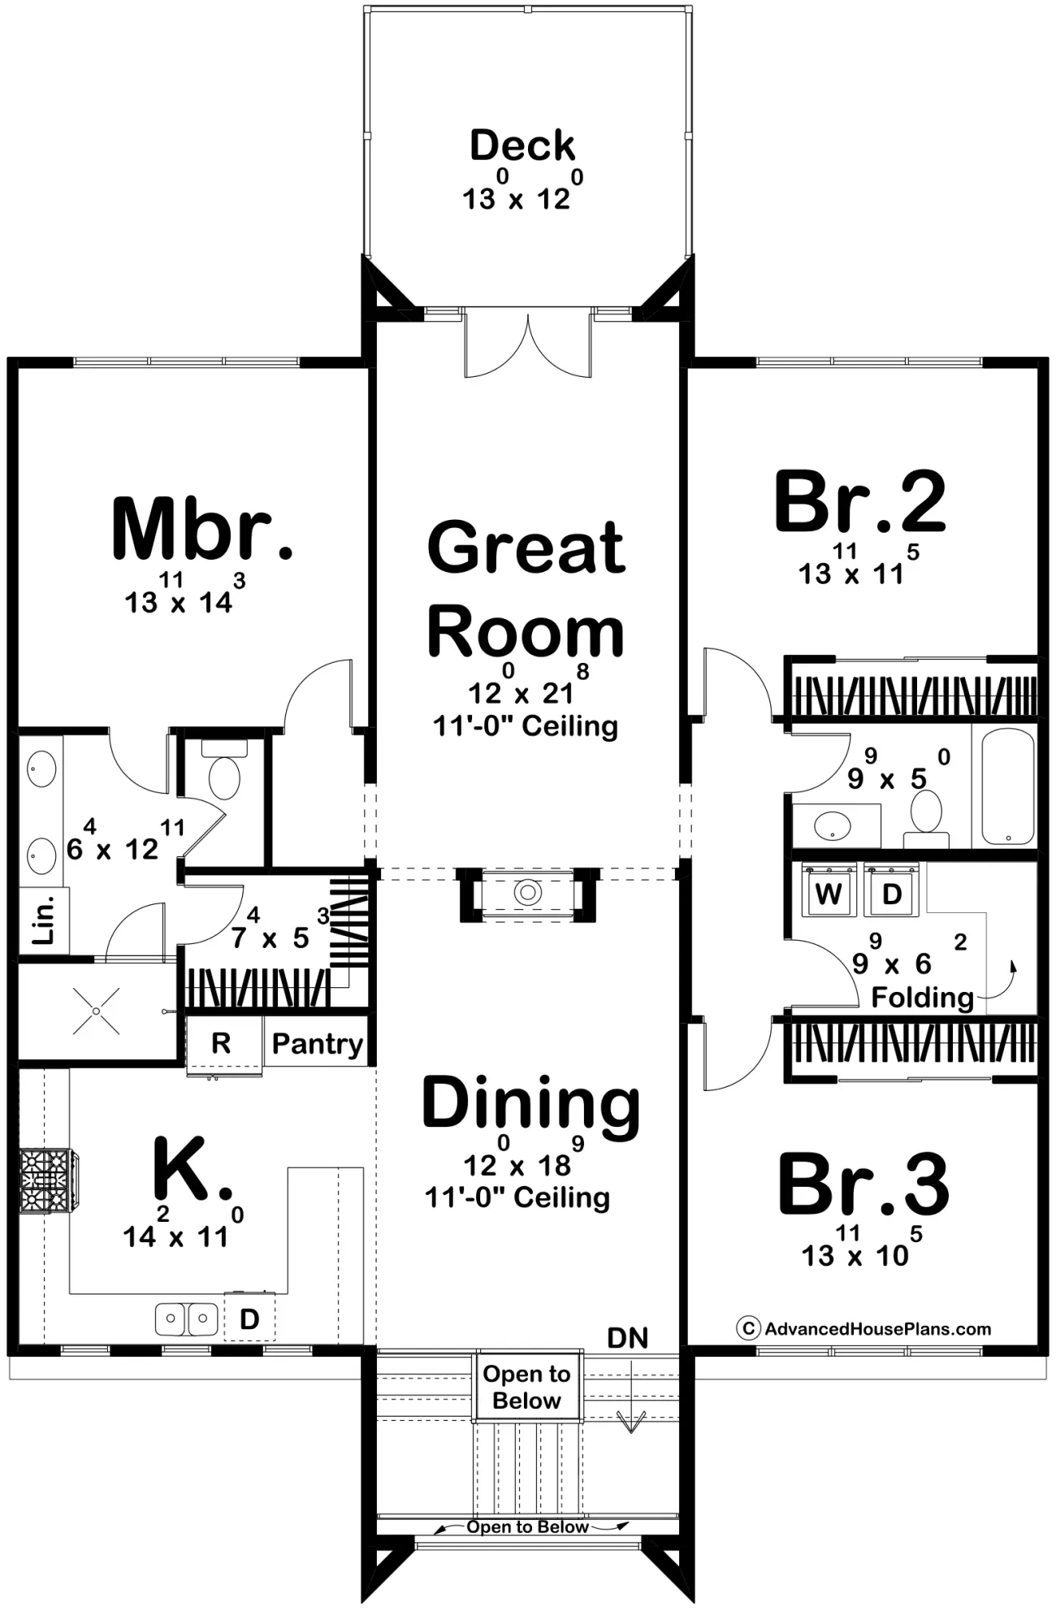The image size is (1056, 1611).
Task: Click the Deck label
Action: [522, 145]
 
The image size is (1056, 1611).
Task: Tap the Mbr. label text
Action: [201, 528]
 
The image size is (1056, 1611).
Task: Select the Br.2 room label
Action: [859, 501]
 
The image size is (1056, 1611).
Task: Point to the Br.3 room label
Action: [863, 1184]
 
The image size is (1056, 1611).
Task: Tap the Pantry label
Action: [317, 1044]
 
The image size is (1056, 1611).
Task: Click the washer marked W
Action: [829, 891]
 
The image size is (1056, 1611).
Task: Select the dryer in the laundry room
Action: [891, 891]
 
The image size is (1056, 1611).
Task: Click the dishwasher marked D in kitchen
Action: [249, 1319]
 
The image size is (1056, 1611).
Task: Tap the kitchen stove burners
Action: [47, 1180]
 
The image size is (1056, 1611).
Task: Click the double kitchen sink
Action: [187, 1319]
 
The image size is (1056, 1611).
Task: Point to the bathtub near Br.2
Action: [1007, 786]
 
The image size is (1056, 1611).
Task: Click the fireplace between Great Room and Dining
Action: [528, 894]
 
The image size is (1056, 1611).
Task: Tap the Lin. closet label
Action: [45, 920]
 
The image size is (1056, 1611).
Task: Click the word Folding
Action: [922, 998]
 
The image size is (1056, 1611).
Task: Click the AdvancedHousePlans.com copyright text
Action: [864, 1329]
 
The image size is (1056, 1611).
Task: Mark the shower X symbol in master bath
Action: [96, 1011]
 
